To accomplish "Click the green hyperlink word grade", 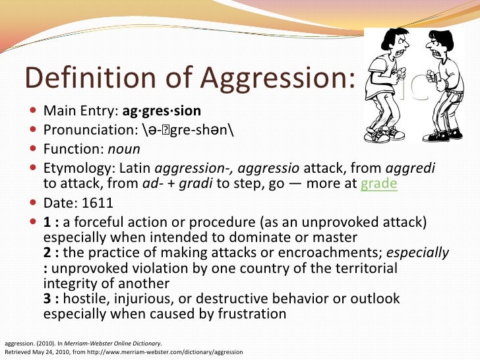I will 378,183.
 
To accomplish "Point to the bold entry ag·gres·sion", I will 162,110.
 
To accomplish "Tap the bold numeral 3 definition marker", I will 47,299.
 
